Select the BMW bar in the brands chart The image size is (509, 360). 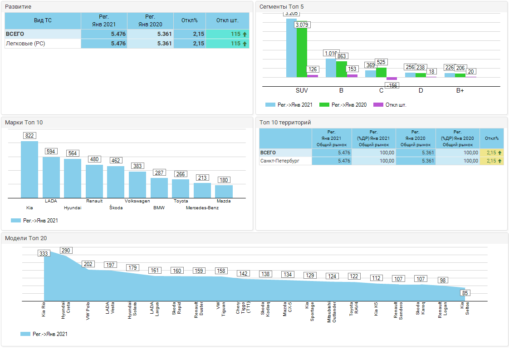click(x=159, y=188)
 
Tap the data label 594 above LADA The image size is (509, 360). click(x=51, y=151)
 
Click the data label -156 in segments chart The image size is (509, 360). click(x=392, y=85)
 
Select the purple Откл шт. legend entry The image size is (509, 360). click(x=390, y=105)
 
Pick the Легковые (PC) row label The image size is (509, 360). click(x=25, y=44)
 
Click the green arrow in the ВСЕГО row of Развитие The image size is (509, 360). click(x=245, y=34)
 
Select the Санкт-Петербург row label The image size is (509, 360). click(x=279, y=161)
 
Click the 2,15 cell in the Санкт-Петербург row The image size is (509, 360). click(x=491, y=161)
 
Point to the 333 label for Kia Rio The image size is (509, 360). click(x=44, y=253)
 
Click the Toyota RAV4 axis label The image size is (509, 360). click(x=353, y=311)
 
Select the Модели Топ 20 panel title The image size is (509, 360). click(x=26, y=238)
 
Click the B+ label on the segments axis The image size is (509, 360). click(x=460, y=91)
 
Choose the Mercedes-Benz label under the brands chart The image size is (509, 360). click(x=202, y=208)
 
